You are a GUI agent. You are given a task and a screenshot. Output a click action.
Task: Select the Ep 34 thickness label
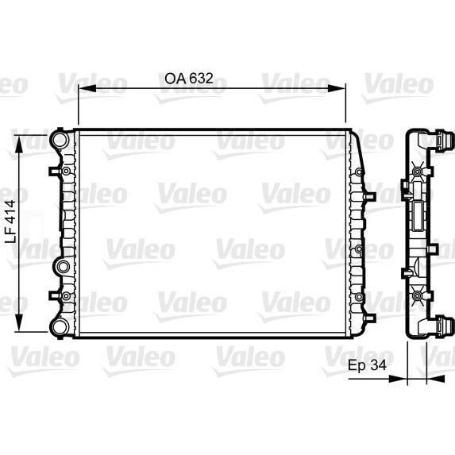coord(366,366)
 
